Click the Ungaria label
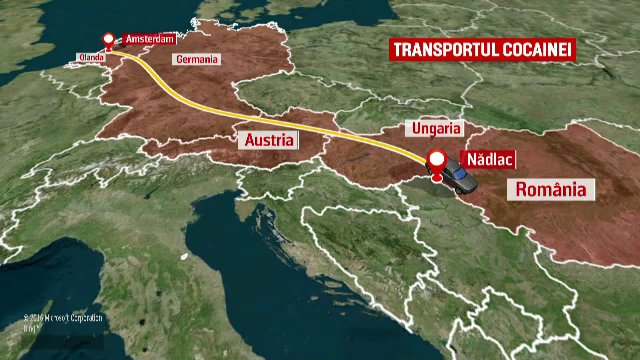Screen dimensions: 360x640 pyautogui.click(x=435, y=129)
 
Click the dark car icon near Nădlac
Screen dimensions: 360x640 pyautogui.click(x=460, y=179)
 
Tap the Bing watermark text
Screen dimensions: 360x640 pyautogui.click(x=30, y=327)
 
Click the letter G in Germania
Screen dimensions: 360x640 pyautogui.click(x=179, y=59)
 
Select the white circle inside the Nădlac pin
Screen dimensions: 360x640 pyautogui.click(x=438, y=158)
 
